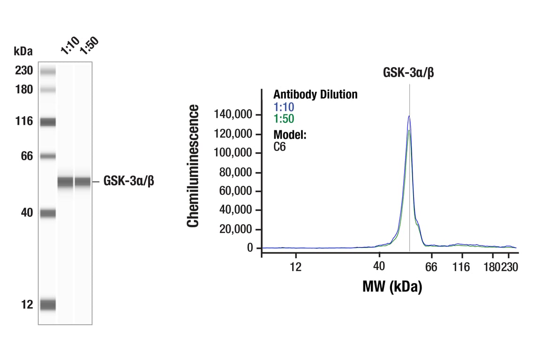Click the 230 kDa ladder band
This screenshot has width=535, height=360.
(47, 71)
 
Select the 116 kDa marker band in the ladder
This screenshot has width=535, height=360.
(47, 122)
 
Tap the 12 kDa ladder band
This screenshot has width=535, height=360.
(47, 305)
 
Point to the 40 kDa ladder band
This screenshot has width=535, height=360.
(47, 214)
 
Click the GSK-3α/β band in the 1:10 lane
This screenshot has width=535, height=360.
(65, 182)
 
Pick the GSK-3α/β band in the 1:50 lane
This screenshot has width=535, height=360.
(83, 182)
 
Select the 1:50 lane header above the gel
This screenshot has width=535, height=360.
(89, 46)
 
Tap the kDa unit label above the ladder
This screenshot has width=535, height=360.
(23, 50)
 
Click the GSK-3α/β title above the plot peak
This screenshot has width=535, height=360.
(408, 73)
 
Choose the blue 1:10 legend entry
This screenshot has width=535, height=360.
(284, 107)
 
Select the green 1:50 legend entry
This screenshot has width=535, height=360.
(284, 119)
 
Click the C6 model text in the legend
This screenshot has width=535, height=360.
(280, 147)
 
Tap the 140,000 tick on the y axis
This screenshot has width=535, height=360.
(233, 115)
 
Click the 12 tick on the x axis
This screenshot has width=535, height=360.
(295, 267)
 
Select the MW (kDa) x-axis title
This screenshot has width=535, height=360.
(392, 286)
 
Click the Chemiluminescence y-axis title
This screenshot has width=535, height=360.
(193, 166)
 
